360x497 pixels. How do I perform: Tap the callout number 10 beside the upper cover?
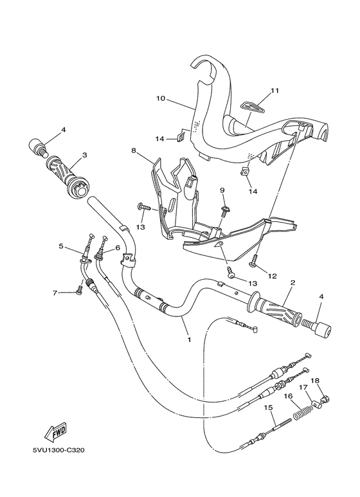click(x=161, y=98)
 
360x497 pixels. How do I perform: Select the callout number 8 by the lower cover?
click(x=134, y=150)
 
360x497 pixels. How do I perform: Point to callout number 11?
click(x=274, y=91)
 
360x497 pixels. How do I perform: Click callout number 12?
click(x=273, y=276)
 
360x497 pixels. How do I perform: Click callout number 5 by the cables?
click(x=61, y=246)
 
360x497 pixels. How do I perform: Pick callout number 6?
click(x=118, y=249)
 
